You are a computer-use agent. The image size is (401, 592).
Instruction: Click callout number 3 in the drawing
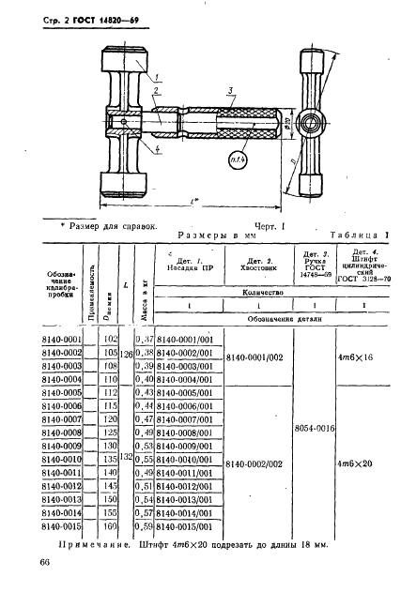[x=230, y=89]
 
